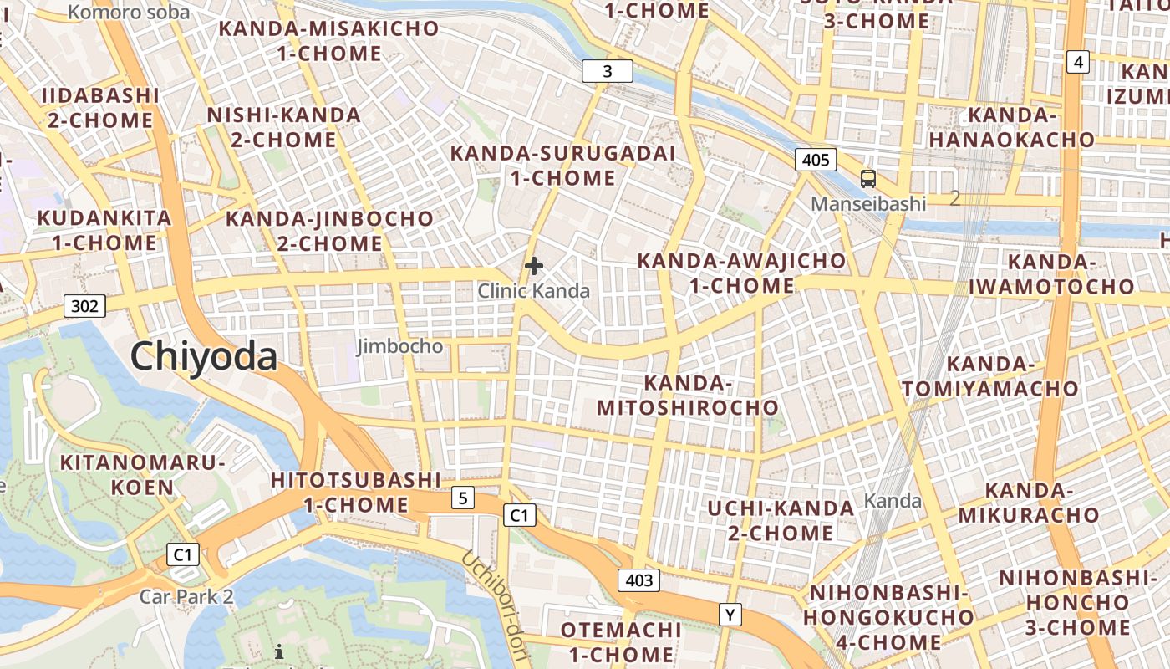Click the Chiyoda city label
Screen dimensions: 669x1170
pos(204,356)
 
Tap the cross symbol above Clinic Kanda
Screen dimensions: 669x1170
pos(534,267)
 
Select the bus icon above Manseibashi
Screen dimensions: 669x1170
pos(868,178)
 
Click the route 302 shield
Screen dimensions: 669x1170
pos(84,306)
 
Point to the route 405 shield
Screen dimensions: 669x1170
pos(815,160)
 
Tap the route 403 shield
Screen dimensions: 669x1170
pos(639,580)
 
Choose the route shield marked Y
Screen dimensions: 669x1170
pos(730,615)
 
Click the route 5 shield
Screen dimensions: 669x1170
pos(462,498)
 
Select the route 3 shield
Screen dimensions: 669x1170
pos(607,72)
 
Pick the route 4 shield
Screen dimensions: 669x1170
pos(1078,61)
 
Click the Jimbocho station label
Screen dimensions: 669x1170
pos(400,346)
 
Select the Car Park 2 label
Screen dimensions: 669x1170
pos(186,597)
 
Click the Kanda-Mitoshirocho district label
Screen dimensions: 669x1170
pos(686,396)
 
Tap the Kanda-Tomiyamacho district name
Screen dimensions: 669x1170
pos(990,376)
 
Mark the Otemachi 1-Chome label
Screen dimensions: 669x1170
pos(618,641)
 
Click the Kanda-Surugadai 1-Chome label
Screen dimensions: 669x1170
pos(562,166)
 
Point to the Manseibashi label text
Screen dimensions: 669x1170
pos(869,203)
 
